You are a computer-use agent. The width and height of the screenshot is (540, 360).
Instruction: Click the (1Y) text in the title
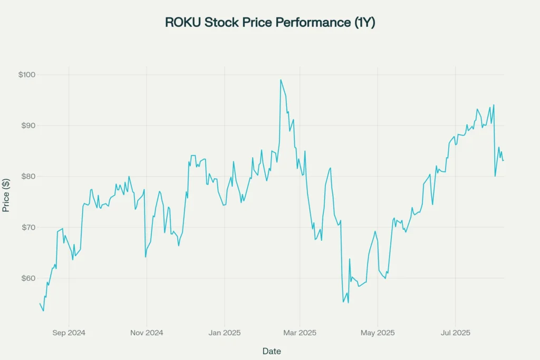364,22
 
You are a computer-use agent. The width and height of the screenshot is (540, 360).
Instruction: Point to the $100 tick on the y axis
27,75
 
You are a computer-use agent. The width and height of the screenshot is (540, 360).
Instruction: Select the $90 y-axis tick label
28,125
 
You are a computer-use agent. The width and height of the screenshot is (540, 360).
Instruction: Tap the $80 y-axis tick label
28,177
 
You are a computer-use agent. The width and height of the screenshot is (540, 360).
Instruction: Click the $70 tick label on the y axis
28,227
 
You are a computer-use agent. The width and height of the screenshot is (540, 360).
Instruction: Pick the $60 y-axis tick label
28,278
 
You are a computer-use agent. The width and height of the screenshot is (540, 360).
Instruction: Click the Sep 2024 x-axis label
69,333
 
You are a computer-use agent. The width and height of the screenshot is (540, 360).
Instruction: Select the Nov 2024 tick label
147,333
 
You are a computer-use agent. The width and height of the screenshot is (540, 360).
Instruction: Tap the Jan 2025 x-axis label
225,333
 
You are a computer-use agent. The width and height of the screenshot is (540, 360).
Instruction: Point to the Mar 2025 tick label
300,333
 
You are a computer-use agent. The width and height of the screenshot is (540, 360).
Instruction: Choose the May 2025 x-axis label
378,333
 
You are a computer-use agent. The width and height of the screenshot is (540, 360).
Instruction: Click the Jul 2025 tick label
455,333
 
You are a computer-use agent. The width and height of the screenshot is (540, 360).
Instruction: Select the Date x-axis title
272,351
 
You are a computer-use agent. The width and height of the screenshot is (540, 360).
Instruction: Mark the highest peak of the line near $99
281,80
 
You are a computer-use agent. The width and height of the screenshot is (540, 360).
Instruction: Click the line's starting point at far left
40,303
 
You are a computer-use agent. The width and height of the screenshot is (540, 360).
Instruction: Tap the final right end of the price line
504,160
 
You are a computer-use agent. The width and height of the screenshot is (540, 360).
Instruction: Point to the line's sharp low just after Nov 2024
146,257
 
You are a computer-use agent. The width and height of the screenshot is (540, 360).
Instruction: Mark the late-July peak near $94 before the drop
494,105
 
